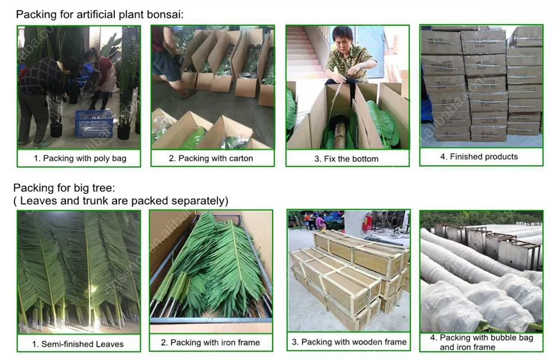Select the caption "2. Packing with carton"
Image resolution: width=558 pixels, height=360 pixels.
[x=211, y=158]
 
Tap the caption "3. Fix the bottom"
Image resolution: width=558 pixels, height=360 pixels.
[x=346, y=159]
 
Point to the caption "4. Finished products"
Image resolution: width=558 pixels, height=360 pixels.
[x=479, y=157]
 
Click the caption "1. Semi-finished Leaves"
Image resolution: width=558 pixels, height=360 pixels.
[x=78, y=344]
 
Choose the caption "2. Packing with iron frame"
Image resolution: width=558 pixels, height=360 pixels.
[x=211, y=342]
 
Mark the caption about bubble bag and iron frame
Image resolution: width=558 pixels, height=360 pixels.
[x=481, y=342]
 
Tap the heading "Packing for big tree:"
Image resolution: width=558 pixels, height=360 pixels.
[x=64, y=188]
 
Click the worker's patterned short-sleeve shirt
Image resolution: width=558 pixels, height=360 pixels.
[x=349, y=59]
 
